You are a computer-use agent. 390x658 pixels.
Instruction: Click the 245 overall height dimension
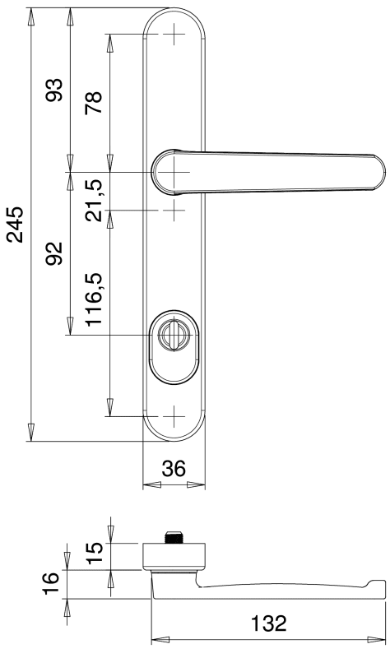tap(16, 225)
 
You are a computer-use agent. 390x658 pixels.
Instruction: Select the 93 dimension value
tap(54, 90)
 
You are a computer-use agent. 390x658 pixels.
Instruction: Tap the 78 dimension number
tap(93, 102)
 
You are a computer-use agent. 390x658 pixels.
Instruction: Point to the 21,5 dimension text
tap(93, 201)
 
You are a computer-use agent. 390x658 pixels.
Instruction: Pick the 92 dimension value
tap(54, 253)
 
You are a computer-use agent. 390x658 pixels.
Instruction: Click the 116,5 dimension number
tap(93, 299)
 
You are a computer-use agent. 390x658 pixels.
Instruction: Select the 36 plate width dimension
tap(174, 468)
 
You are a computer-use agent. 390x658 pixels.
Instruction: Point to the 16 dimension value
tap(50, 583)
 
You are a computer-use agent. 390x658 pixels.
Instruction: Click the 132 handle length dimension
tap(269, 623)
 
